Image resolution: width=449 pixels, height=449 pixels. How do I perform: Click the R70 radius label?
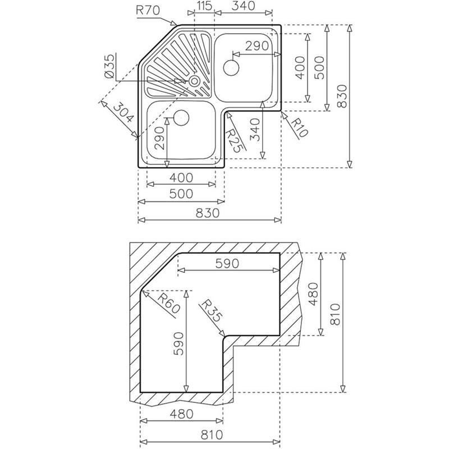coord(148,11)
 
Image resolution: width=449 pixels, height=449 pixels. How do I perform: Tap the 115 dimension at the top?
coord(204,6)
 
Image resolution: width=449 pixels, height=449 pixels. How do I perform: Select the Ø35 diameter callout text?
coord(109,66)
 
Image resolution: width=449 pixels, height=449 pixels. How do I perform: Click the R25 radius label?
coord(235,141)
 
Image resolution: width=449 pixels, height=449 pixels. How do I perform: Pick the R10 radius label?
coord(300,128)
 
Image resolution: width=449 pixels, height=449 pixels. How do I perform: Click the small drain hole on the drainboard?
coord(194,81)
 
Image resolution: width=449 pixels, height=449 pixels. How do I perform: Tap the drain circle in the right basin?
coord(231,68)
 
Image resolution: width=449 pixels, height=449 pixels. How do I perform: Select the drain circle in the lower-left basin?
coord(181,118)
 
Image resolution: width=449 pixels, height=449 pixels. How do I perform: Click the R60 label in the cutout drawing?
coord(169,304)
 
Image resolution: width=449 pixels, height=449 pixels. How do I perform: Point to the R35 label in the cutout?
coord(212,311)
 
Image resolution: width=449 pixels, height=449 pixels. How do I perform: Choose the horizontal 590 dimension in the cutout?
coord(227,263)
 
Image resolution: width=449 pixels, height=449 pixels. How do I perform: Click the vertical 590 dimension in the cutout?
coord(178,343)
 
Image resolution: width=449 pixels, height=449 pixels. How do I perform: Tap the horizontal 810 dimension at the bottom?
coord(212,434)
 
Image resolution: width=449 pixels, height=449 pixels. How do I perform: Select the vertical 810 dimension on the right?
coord(335,314)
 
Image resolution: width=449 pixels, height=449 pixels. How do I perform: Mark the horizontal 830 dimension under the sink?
coord(208,213)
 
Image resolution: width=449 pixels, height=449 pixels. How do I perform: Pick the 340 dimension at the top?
coord(243,6)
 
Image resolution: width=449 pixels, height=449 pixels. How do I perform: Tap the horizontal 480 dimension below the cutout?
coord(182,414)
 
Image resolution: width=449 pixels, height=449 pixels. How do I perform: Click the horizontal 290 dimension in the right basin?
coord(257,46)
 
